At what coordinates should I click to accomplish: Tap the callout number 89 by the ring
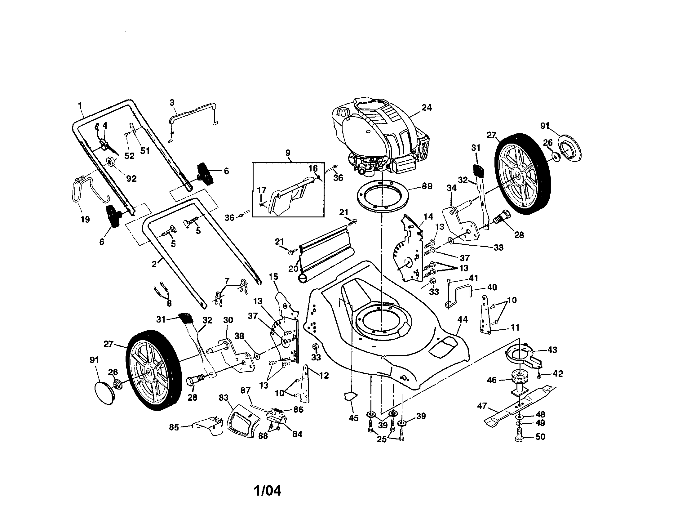427,186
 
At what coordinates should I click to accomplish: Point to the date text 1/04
267,491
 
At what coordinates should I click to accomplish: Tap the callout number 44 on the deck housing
463,319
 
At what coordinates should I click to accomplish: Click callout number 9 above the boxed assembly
288,153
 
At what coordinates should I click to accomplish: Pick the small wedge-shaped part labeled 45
351,397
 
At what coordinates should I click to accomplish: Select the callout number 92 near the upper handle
131,178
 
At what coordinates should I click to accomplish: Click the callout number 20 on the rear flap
293,268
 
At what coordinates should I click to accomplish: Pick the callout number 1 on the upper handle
80,105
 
